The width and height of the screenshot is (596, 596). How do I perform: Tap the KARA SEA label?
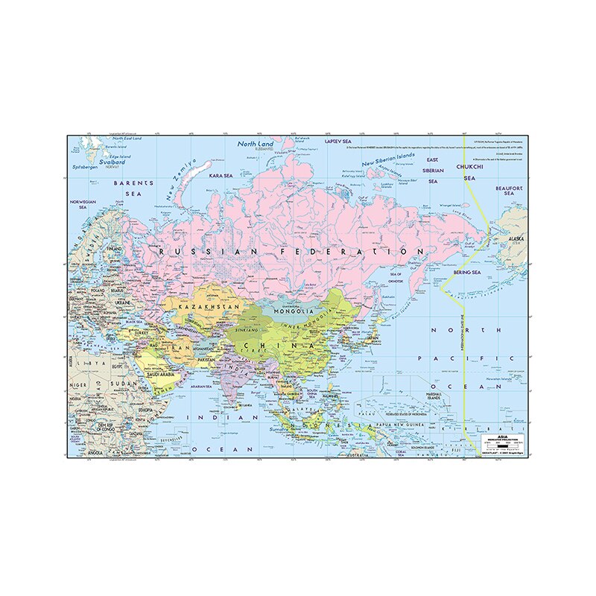pyautogui.click(x=221, y=176)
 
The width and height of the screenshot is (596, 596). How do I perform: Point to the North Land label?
pyautogui.click(x=256, y=144)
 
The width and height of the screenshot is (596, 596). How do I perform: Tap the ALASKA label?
pyautogui.click(x=516, y=239)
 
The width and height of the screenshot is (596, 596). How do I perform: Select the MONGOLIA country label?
pyautogui.click(x=291, y=311)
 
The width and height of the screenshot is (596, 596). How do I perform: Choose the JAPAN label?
pyautogui.click(x=372, y=336)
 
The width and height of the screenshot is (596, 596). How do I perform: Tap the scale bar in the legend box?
pyautogui.click(x=500, y=447)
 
